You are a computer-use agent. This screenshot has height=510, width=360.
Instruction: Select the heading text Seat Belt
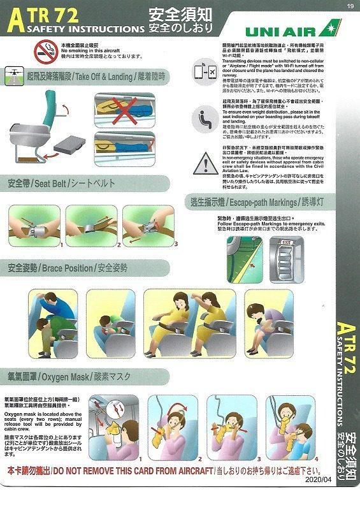click(x=48, y=184)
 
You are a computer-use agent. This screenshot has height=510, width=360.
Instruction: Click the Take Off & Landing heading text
click(x=93, y=75)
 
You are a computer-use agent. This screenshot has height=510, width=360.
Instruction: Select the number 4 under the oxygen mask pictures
click(x=316, y=458)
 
